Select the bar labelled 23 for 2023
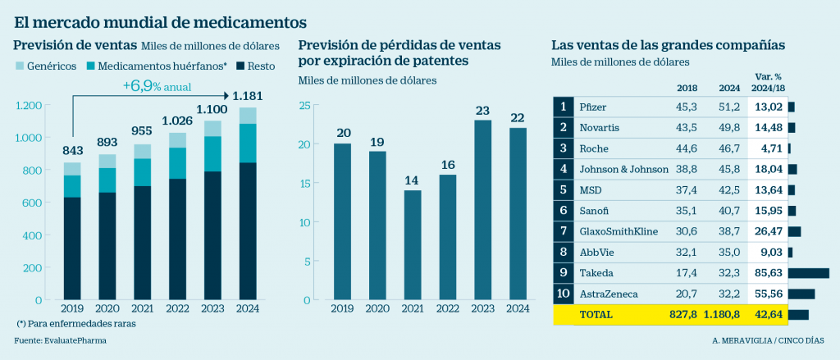click(x=482, y=208)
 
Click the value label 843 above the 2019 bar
click(x=73, y=150)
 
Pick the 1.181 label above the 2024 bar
click(x=247, y=96)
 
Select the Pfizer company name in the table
click(x=593, y=107)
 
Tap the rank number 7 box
click(x=563, y=231)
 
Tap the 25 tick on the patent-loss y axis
click(x=304, y=106)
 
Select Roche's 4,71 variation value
click(x=769, y=148)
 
